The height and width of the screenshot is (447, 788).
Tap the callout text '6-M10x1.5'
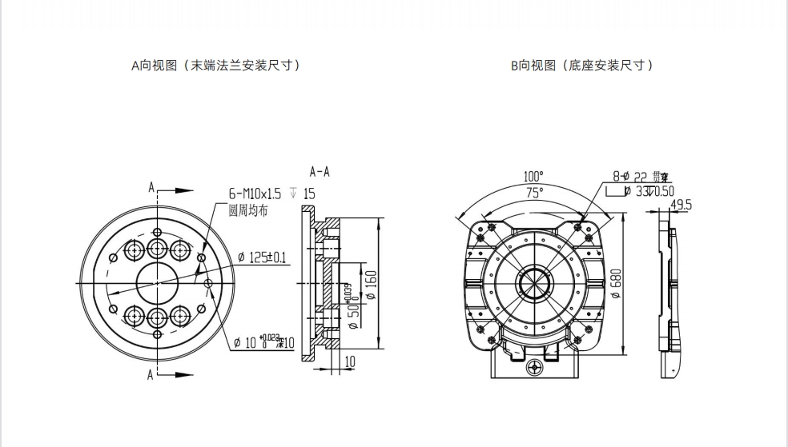click(255, 194)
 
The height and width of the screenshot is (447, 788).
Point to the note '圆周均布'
click(247, 210)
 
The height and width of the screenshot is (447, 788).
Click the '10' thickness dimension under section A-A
click(350, 362)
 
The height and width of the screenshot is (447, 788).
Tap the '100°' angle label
click(533, 176)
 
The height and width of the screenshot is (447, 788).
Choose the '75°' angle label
click(534, 192)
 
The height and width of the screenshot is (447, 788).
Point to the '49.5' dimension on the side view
click(681, 206)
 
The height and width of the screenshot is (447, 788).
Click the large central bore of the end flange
click(158, 282)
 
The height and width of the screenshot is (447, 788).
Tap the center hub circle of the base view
click(533, 282)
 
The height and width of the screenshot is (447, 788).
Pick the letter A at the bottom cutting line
click(151, 374)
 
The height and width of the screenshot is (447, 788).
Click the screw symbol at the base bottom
click(536, 369)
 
